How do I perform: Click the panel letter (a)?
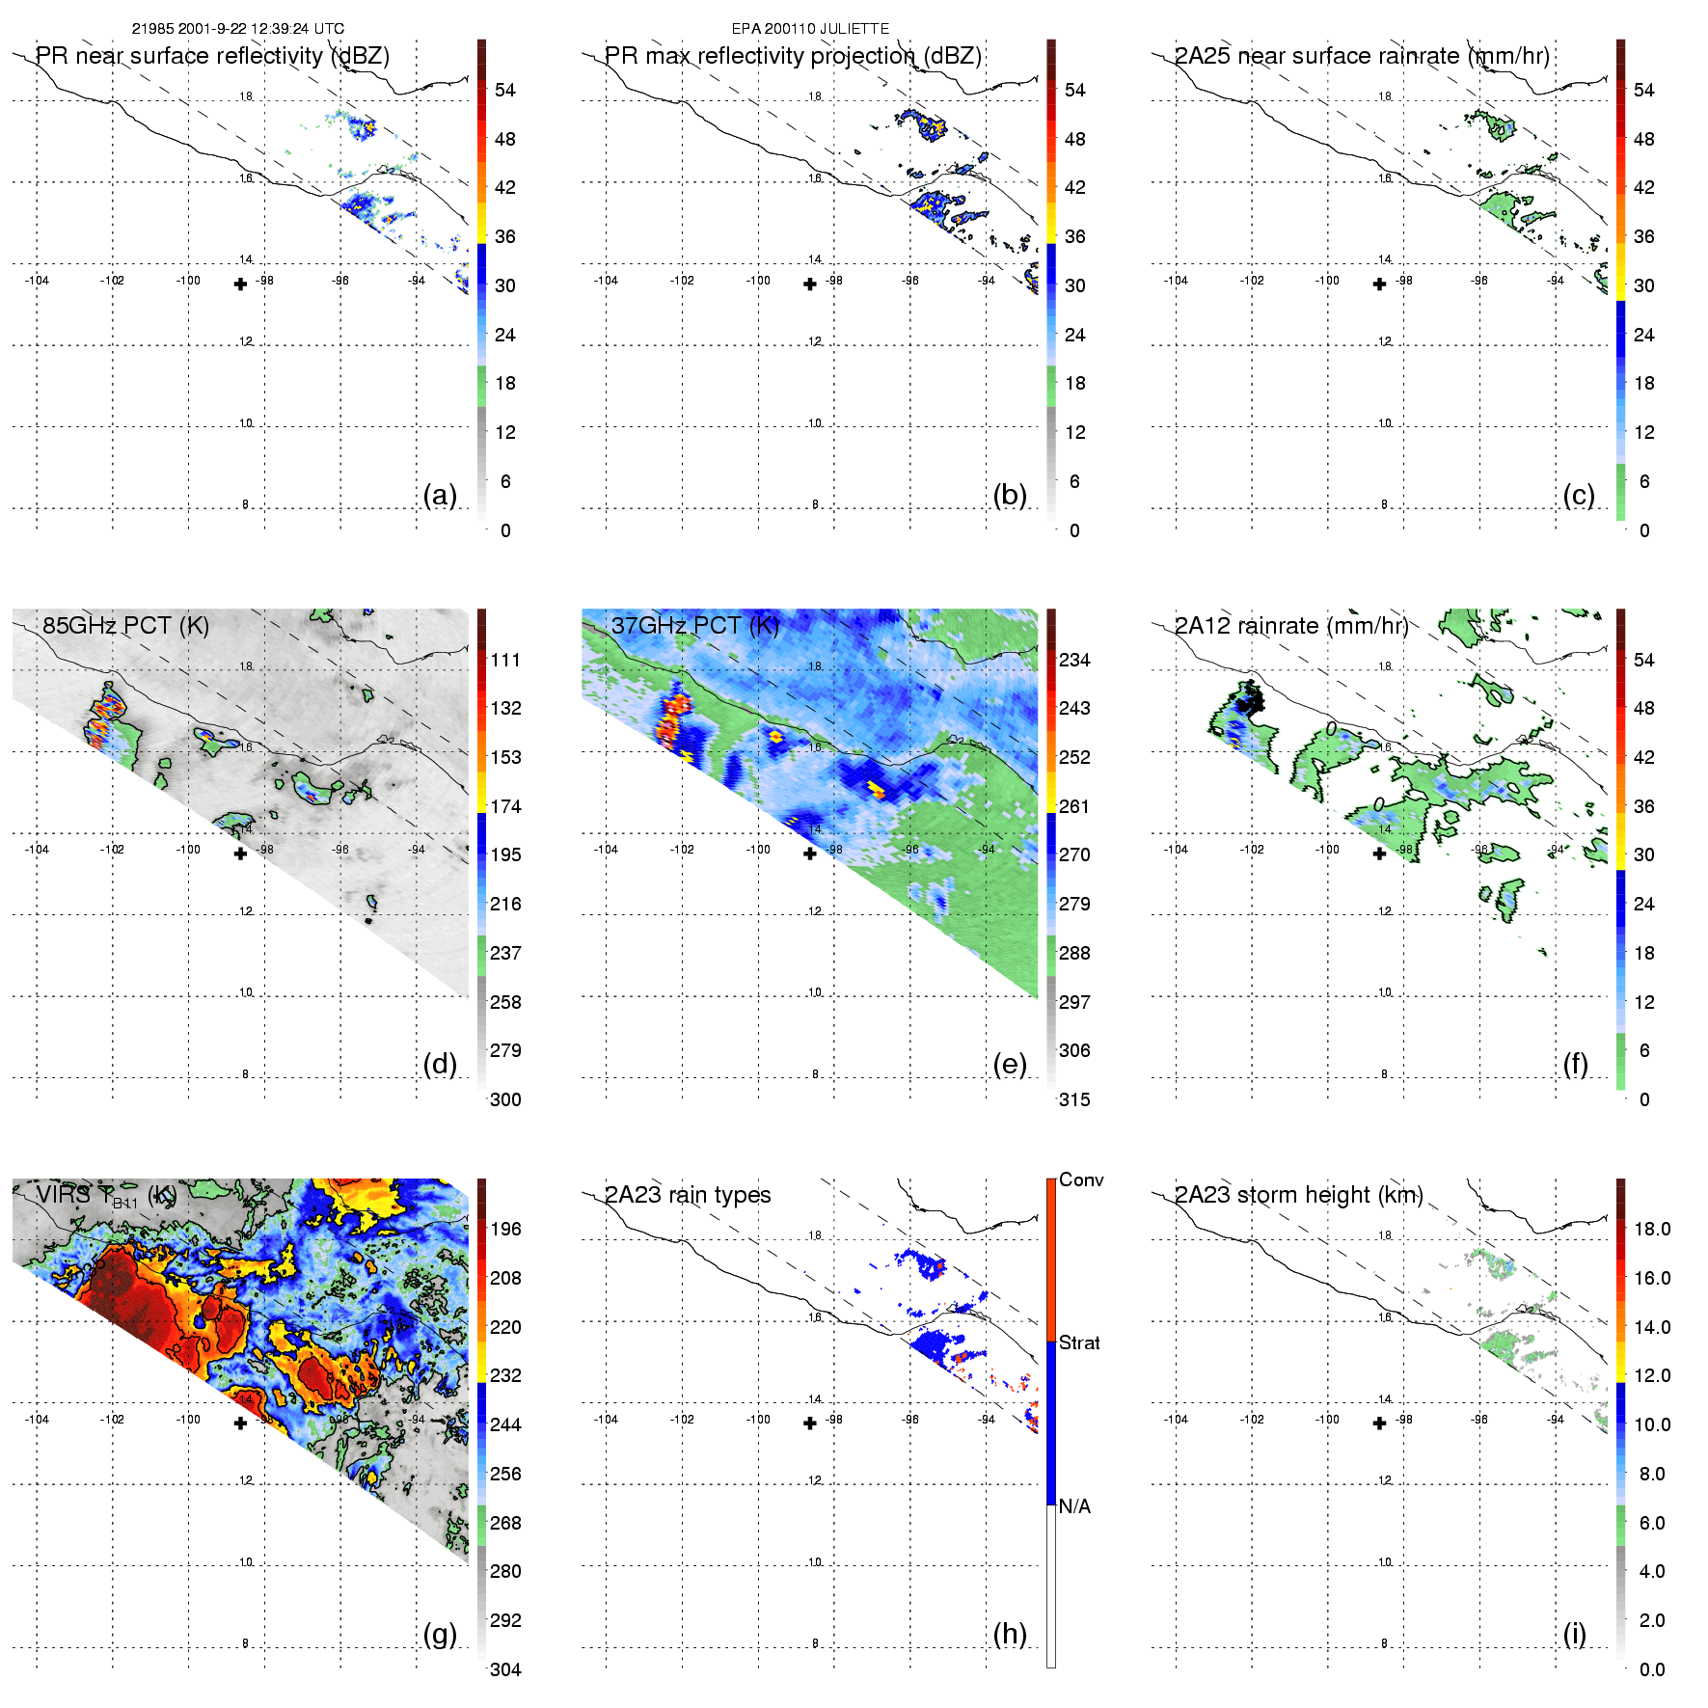(x=440, y=495)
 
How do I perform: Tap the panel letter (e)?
(x=1009, y=1064)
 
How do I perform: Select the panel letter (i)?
(x=1575, y=1634)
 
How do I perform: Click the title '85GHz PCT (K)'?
(x=125, y=625)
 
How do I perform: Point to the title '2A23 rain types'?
(x=688, y=1195)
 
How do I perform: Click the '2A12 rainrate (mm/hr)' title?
(x=1291, y=625)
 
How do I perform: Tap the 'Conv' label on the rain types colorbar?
(x=1081, y=1179)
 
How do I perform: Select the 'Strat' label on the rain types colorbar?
(x=1079, y=1342)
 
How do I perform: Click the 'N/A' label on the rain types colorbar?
(x=1074, y=1506)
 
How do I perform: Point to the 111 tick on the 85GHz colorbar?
(x=505, y=660)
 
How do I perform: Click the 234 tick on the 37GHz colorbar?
(x=1074, y=660)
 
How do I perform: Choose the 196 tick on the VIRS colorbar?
(x=505, y=1229)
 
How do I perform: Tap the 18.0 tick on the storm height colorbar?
(x=1652, y=1229)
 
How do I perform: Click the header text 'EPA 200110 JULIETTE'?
(x=810, y=29)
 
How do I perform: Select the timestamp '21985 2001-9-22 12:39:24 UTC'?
(x=238, y=29)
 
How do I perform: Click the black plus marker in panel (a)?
(x=240, y=284)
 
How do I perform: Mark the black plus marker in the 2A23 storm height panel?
(x=1379, y=1423)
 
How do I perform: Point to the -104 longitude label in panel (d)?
(x=37, y=850)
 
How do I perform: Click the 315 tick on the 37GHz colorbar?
(x=1074, y=1099)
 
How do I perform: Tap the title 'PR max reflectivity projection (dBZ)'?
(x=793, y=56)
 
